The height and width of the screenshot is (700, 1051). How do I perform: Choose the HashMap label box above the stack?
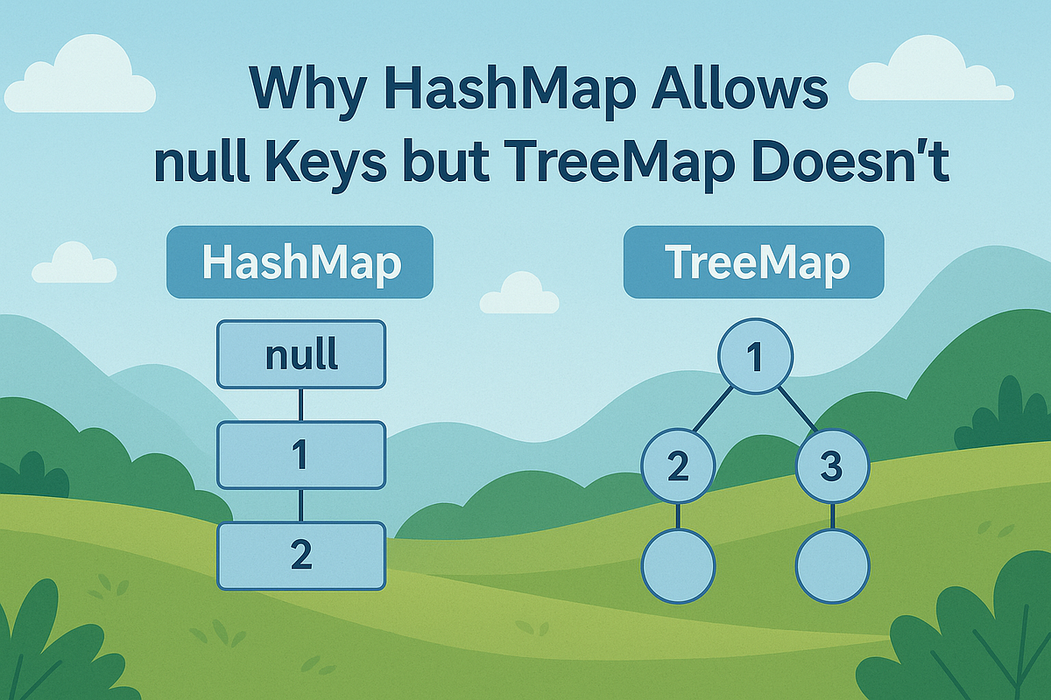coord(300,262)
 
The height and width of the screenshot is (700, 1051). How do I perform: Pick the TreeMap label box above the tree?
coord(753,262)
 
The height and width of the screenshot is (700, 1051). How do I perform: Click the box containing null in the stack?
coord(300,354)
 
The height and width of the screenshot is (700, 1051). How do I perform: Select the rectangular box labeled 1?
coord(300,455)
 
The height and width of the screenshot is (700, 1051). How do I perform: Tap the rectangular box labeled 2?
coord(300,556)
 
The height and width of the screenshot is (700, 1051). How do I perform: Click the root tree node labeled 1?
coord(755,354)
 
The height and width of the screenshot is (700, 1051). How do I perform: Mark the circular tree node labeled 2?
coord(679,466)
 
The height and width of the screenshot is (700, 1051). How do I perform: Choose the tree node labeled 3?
coord(832,466)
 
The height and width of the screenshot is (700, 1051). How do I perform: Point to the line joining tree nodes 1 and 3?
coord(797,408)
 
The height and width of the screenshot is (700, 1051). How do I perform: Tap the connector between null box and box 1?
coord(300,404)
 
